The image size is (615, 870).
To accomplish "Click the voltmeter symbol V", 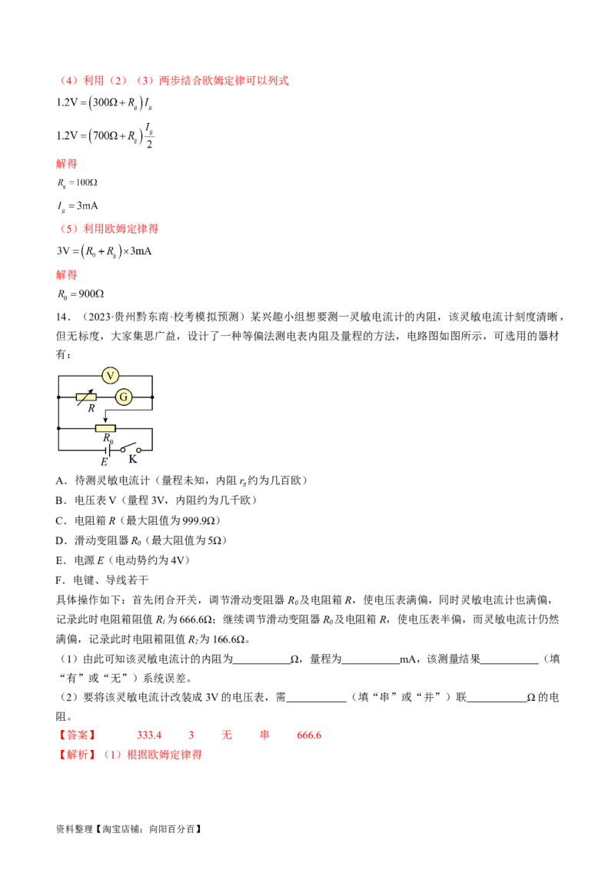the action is point(111,375).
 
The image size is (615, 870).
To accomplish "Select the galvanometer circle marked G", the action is point(123,397).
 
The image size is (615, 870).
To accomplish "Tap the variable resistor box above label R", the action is point(86,397).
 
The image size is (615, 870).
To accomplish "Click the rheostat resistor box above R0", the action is point(105,428).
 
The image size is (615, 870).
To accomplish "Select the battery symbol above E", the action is point(108,450).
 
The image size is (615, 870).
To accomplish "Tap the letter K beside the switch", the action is point(133,460).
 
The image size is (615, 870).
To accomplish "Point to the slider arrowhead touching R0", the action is point(105,421).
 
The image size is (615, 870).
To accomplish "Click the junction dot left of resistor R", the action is point(59,397).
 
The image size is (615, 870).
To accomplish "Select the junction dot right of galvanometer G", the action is point(152,397).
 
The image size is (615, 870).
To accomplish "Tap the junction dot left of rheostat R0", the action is point(59,428).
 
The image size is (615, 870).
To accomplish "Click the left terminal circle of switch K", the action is point(123,450).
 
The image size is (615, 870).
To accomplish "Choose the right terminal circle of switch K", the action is point(139,450).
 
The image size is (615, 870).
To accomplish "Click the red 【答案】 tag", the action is point(76,736).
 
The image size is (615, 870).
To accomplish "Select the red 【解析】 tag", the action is point(76,755).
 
